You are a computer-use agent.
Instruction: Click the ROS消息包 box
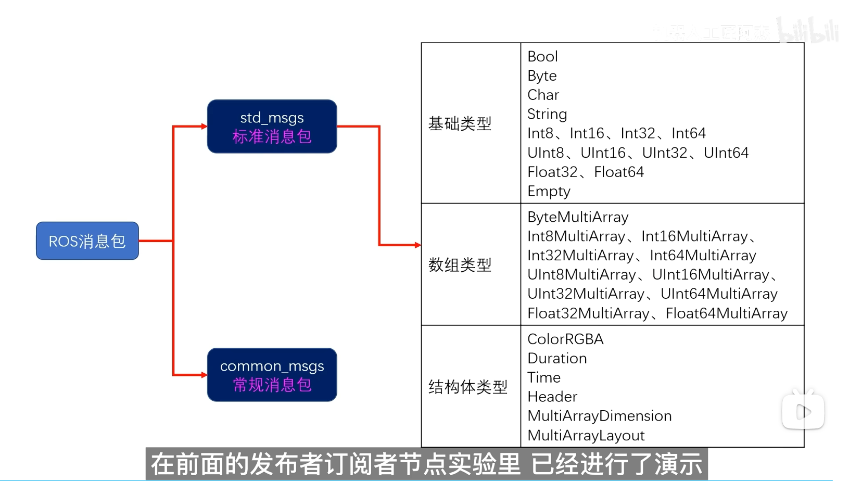87,241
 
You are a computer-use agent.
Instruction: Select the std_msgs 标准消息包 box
272,126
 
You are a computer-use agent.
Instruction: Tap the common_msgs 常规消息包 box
272,375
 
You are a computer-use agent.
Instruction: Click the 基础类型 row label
460,124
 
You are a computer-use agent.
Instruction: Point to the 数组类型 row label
460,265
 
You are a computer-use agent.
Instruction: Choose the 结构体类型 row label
467,387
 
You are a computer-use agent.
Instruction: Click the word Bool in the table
542,56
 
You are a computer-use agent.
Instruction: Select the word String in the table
547,114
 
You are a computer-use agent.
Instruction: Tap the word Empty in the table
549,192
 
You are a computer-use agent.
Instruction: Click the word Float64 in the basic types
619,172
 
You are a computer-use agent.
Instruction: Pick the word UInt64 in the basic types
726,153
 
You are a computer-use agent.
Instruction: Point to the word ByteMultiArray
578,217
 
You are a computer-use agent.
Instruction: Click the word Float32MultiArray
588,313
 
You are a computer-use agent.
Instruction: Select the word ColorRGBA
565,339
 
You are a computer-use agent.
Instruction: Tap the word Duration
557,359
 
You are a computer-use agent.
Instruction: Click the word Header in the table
552,397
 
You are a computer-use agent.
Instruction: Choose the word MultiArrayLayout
586,436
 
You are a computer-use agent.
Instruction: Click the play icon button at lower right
803,412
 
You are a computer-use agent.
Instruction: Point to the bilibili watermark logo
808,30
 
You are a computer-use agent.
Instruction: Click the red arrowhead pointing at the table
417,245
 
